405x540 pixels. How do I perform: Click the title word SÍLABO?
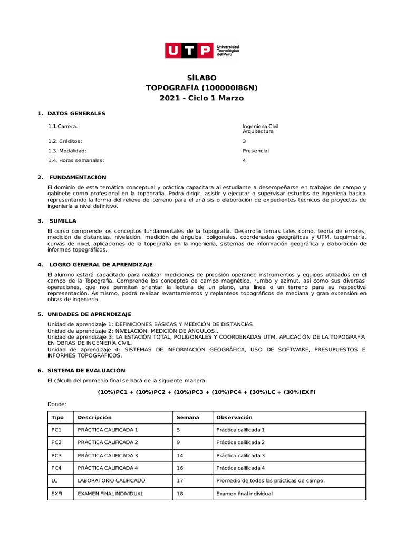point(202,78)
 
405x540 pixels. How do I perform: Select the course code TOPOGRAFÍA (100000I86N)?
point(202,88)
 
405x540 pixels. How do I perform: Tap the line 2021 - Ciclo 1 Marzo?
point(202,98)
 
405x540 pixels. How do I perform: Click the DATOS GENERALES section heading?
point(76,113)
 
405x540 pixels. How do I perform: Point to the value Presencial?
point(255,151)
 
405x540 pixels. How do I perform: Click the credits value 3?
point(244,141)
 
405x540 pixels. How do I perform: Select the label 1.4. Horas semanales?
point(76,160)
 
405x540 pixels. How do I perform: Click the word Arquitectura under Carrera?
point(258,131)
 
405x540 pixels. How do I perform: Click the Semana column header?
point(188,417)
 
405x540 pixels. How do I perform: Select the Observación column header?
point(234,417)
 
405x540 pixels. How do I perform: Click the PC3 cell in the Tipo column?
point(56,455)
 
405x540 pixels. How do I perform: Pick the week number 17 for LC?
point(180,481)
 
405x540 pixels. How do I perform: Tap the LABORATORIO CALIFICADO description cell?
point(111,481)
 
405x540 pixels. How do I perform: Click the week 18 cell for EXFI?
point(180,494)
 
